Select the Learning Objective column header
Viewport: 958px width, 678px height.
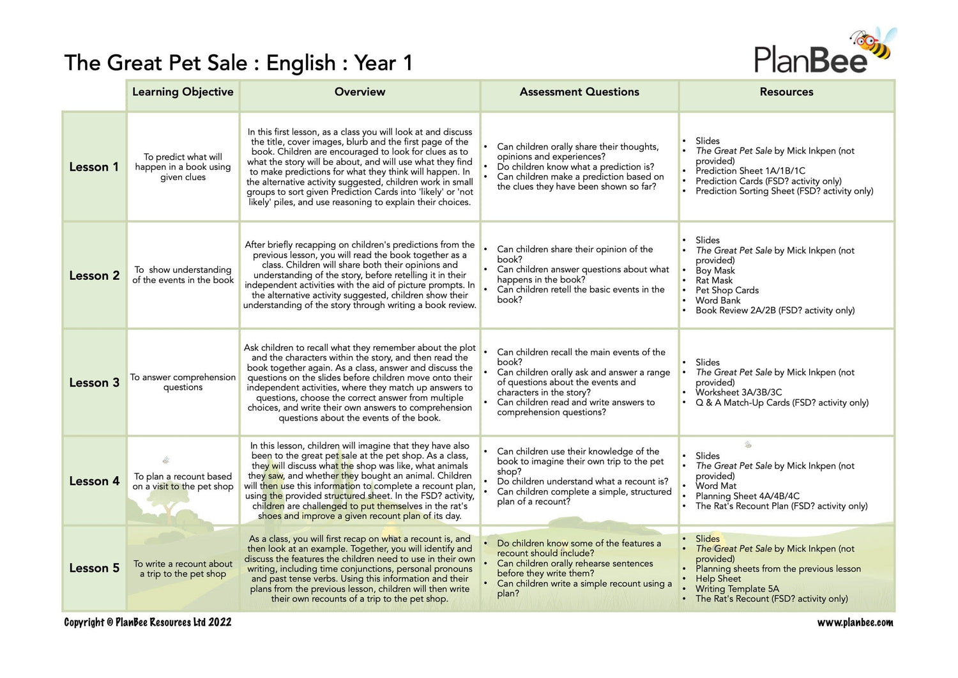[183, 92]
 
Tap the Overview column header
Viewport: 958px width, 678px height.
[360, 92]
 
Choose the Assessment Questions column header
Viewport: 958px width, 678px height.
[579, 92]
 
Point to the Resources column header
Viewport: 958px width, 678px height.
[786, 92]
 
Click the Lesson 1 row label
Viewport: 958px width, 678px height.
[94, 167]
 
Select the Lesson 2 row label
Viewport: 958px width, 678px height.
[94, 275]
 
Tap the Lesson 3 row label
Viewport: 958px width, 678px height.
[94, 383]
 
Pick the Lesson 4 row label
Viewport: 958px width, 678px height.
[94, 481]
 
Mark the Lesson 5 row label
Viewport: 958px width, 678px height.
[94, 568]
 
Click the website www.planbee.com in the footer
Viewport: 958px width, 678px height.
[855, 622]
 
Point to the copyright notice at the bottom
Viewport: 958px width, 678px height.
[148, 622]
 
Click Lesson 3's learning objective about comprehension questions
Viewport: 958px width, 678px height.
[183, 382]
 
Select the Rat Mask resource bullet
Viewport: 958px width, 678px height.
[714, 281]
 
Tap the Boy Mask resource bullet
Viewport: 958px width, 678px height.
[715, 270]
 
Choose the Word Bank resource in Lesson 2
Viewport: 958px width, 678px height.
[718, 300]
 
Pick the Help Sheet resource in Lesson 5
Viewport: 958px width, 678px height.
[718, 578]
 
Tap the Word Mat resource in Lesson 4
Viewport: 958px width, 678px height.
[716, 486]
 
